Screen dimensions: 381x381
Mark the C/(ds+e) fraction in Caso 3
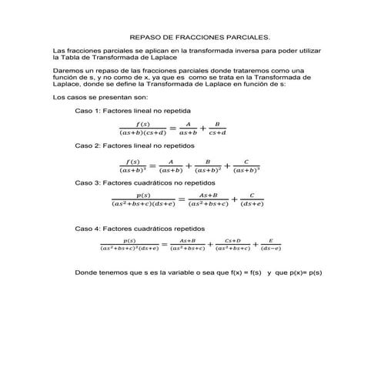pos(252,200)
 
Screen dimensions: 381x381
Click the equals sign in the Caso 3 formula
pos(181,200)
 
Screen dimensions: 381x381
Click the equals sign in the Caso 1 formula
pos(172,128)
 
